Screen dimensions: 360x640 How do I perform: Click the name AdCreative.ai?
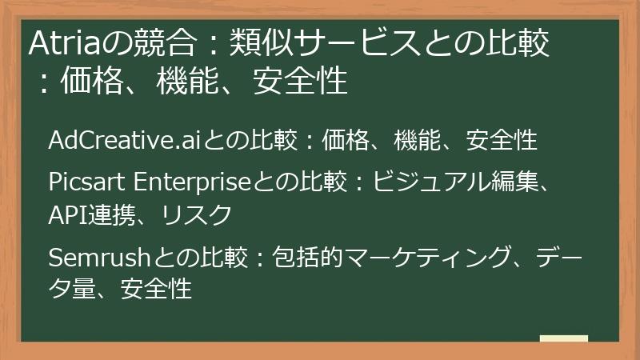tap(121, 141)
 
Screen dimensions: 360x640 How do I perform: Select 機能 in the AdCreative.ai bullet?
tap(416, 141)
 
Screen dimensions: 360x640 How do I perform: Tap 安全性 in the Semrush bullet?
tap(156, 287)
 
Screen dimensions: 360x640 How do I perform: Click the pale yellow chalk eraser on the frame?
tap(563, 338)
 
